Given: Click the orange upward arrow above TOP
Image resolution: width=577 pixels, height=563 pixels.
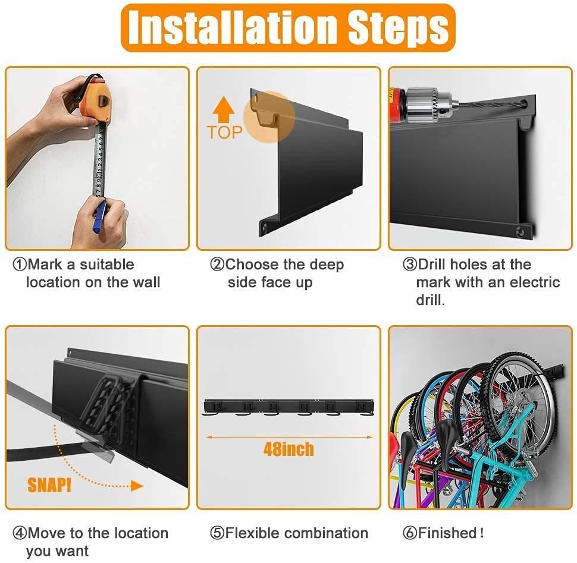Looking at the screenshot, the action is (224, 109).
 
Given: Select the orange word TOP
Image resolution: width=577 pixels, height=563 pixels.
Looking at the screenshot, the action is (225, 132).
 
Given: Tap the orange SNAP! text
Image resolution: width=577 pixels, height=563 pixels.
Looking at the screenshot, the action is (49, 485).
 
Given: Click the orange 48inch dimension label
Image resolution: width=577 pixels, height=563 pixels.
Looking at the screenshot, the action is (288, 449).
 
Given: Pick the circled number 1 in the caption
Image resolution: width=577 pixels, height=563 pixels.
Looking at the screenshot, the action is (19, 265).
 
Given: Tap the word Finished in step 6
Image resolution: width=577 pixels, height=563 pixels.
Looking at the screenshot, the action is (447, 533).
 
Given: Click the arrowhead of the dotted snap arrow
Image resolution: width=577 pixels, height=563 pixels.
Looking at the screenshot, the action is (137, 486).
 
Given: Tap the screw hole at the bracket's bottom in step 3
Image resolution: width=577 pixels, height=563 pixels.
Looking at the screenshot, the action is (520, 232).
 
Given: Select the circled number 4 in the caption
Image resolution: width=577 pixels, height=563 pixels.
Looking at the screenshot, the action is (19, 533).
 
